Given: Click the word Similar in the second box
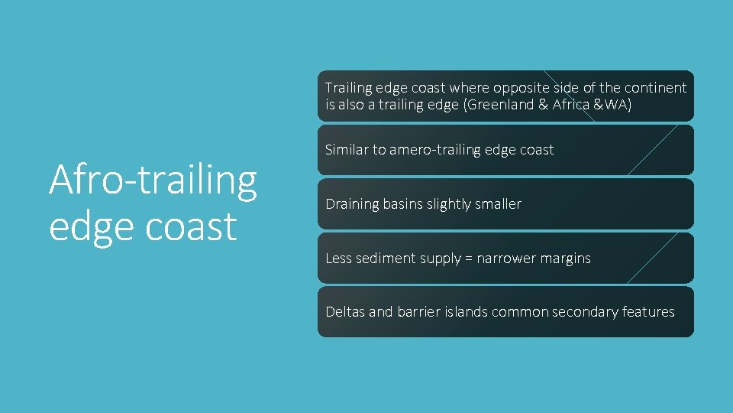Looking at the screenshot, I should click(347, 150).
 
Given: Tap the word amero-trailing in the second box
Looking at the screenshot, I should click(436, 150).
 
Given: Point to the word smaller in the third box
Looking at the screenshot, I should click(497, 204).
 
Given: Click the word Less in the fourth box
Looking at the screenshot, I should click(338, 259).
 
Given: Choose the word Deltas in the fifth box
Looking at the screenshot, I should click(345, 312).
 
